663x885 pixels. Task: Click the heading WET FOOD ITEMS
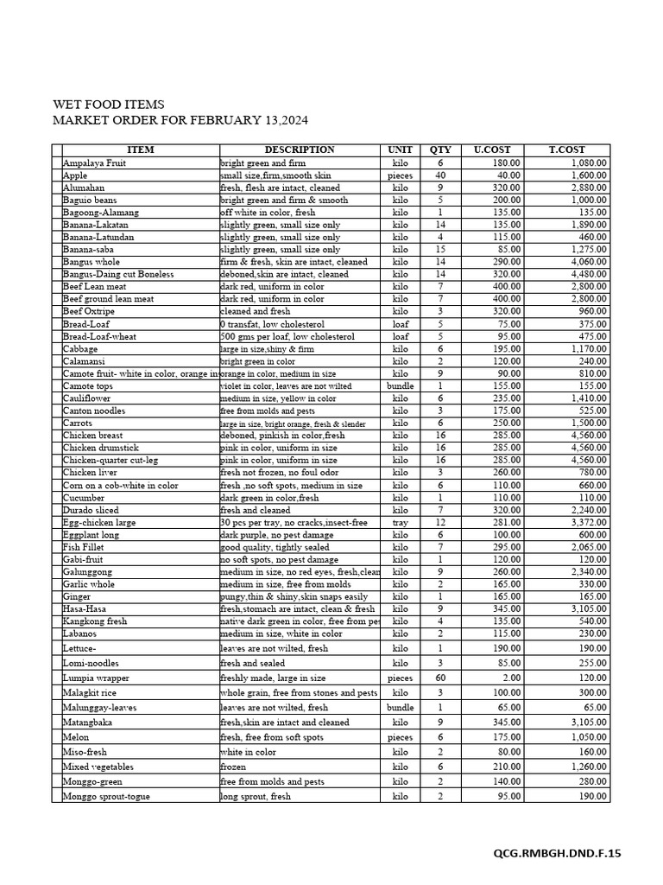click(108, 105)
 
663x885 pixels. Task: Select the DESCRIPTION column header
click(299, 150)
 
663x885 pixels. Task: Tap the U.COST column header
click(492, 150)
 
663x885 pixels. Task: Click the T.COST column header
click(566, 150)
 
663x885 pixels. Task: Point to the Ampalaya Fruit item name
click(94, 162)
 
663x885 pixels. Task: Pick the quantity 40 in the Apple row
click(440, 175)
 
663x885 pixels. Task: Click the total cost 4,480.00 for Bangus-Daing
click(587, 274)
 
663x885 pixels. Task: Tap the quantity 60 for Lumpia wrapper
click(440, 678)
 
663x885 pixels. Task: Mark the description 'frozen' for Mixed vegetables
click(233, 767)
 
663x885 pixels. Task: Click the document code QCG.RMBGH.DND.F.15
click(557, 853)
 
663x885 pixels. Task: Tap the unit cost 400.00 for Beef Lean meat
click(506, 286)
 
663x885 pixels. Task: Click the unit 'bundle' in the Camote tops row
click(400, 385)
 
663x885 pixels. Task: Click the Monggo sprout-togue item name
click(106, 796)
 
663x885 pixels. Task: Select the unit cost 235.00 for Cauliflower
click(506, 398)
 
